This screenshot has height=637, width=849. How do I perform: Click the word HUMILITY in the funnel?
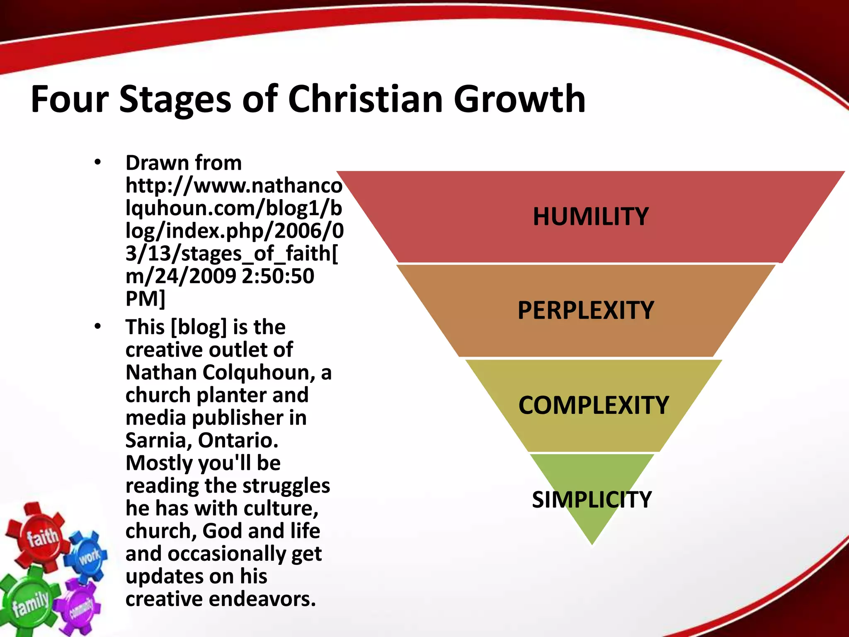590,217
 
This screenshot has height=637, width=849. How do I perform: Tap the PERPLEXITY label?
585,311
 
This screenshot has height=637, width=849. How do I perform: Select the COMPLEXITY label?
593,405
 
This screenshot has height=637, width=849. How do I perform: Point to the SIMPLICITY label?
592,499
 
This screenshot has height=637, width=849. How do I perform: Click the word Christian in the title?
365,99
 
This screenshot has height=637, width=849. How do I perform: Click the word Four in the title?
69,99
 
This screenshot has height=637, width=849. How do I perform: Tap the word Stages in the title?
175,99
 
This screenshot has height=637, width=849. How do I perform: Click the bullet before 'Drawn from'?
97,162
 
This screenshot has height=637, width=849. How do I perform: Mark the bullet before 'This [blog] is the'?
97,326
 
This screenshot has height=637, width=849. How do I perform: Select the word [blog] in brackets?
199,327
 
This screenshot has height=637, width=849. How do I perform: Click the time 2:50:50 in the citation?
278,276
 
